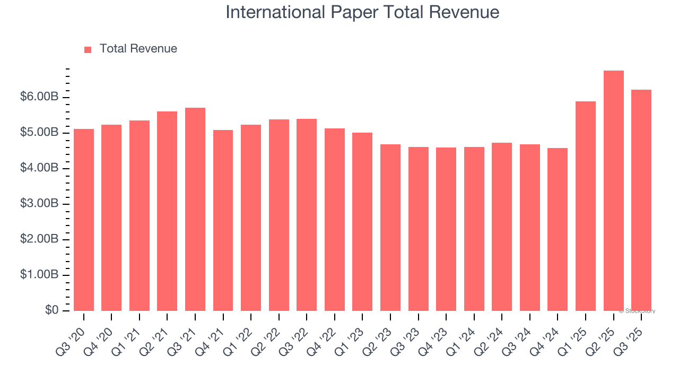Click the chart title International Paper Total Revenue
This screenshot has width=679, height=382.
point(362,12)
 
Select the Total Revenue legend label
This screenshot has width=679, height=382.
point(138,49)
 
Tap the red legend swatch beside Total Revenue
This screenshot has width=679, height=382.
point(88,49)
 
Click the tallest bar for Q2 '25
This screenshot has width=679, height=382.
point(613,191)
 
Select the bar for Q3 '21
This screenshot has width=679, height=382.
point(195,210)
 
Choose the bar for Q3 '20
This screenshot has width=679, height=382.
point(84,220)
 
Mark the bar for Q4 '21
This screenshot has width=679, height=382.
point(223,220)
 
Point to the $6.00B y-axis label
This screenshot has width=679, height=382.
point(39,97)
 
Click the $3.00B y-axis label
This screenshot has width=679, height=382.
point(39,204)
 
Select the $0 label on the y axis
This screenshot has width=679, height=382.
point(51,310)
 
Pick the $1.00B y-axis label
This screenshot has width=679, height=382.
point(39,275)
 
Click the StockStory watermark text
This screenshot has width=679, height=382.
point(638,311)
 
